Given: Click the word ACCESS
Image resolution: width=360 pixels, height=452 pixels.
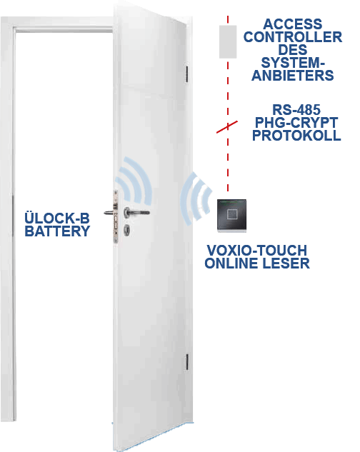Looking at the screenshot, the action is coord(293,24).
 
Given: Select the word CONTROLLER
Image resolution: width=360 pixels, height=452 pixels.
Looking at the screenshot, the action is coord(293,37).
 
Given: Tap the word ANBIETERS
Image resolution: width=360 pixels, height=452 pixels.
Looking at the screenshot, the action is coord(293,76).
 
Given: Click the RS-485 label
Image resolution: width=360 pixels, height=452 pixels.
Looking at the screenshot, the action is coord(296,110).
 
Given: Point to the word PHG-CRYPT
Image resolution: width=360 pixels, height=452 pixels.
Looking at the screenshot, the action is coord(296,123).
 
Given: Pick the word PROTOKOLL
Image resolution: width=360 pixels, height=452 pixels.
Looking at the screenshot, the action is coord(296,135).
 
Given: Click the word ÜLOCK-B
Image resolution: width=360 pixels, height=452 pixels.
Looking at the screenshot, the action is coord(57,218).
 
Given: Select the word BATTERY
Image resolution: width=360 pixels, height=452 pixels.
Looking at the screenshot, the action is coord(57,231).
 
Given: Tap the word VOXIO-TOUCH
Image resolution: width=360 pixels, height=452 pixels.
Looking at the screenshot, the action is coord(257,250).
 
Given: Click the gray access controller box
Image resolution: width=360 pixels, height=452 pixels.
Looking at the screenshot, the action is coord(228,42).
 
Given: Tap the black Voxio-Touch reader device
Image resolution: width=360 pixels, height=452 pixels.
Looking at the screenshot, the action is coord(232,216).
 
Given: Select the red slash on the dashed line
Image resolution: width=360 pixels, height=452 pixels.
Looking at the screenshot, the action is coord(227,127).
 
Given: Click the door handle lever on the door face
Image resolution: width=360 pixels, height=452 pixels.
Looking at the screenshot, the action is coord(137,213).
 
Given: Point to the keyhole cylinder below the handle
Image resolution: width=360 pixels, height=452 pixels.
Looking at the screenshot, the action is coord(126,230).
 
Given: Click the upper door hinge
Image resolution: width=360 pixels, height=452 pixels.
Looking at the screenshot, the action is coord(187,74).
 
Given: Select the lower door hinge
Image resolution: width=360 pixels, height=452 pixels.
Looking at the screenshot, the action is coord(187,362).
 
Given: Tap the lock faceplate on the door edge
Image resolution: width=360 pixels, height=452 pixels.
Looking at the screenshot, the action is coord(116,217).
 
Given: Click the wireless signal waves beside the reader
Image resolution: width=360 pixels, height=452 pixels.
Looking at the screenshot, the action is coord(196,199).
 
